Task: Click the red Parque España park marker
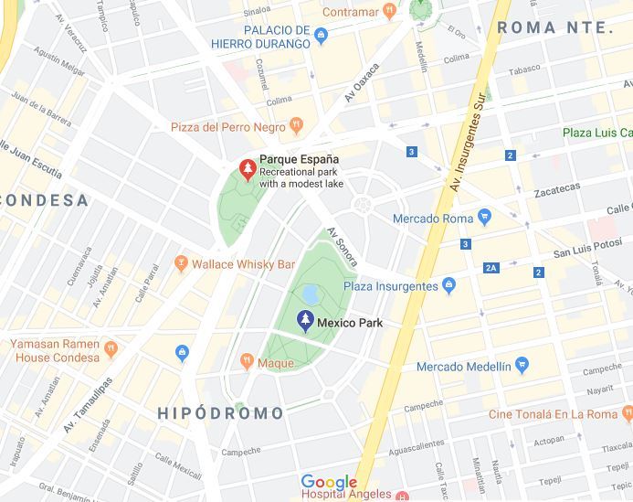247,168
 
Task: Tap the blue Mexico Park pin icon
306,321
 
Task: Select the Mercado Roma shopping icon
484,218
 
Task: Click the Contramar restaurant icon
388,10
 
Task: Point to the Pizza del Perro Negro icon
295,124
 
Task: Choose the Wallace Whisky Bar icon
180,263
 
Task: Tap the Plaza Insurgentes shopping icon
448,286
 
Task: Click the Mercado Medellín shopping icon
522,366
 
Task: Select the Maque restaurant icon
246,362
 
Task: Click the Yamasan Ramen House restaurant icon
111,347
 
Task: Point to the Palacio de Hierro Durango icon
321,37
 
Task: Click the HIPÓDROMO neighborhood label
221,413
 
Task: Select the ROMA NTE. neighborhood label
554,28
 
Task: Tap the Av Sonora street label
343,247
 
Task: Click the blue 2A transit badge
491,268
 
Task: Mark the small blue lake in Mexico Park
310,294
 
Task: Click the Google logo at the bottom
329,482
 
